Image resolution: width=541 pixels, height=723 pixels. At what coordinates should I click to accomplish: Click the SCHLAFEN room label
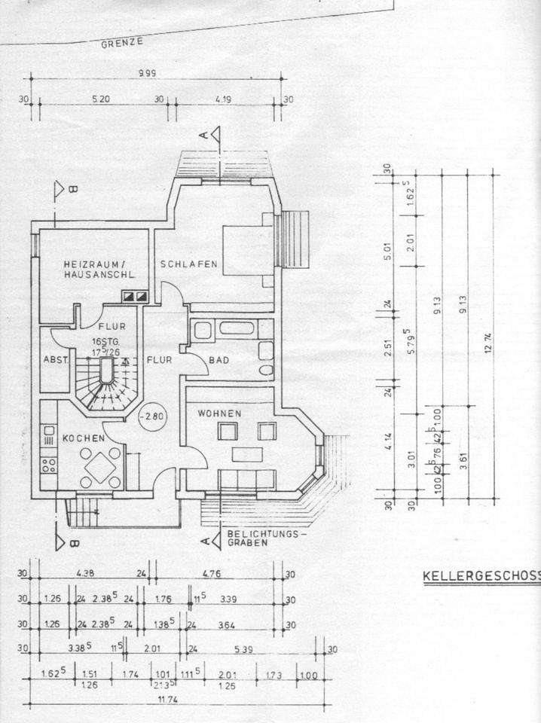click(x=188, y=264)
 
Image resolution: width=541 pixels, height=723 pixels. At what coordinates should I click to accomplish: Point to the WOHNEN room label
click(x=219, y=413)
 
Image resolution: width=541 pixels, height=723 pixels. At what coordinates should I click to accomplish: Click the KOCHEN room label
click(x=78, y=438)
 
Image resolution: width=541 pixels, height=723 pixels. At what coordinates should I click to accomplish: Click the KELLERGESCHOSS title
click(x=481, y=577)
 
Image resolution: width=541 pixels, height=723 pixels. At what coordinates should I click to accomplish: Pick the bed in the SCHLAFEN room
click(x=248, y=249)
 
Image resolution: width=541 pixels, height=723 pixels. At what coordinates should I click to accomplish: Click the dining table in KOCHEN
click(x=100, y=468)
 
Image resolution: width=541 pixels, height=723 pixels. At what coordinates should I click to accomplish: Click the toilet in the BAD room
click(x=265, y=370)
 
